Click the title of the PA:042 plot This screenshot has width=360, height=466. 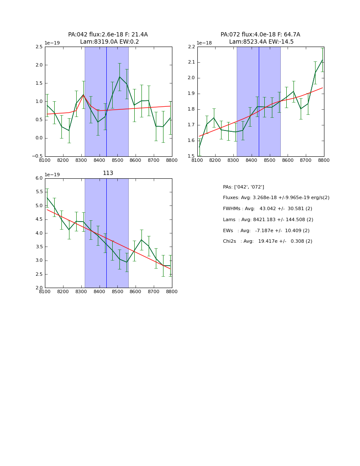[x=108, y=38]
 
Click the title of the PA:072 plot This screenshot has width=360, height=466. [x=260, y=38]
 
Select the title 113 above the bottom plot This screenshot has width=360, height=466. [x=108, y=173]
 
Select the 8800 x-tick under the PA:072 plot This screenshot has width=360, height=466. [x=324, y=161]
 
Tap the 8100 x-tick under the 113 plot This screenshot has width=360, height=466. [x=45, y=292]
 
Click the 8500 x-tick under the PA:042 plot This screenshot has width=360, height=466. [x=117, y=161]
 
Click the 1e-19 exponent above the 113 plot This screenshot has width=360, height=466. [x=52, y=175]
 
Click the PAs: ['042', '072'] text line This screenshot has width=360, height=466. [x=243, y=187]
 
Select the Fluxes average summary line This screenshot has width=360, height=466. [x=276, y=198]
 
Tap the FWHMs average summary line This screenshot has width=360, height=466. [x=267, y=209]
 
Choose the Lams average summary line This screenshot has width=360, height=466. [x=268, y=220]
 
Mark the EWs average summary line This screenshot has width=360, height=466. [x=266, y=231]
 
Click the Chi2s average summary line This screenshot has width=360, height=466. [x=267, y=241]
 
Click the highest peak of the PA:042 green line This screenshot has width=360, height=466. [x=119, y=77]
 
